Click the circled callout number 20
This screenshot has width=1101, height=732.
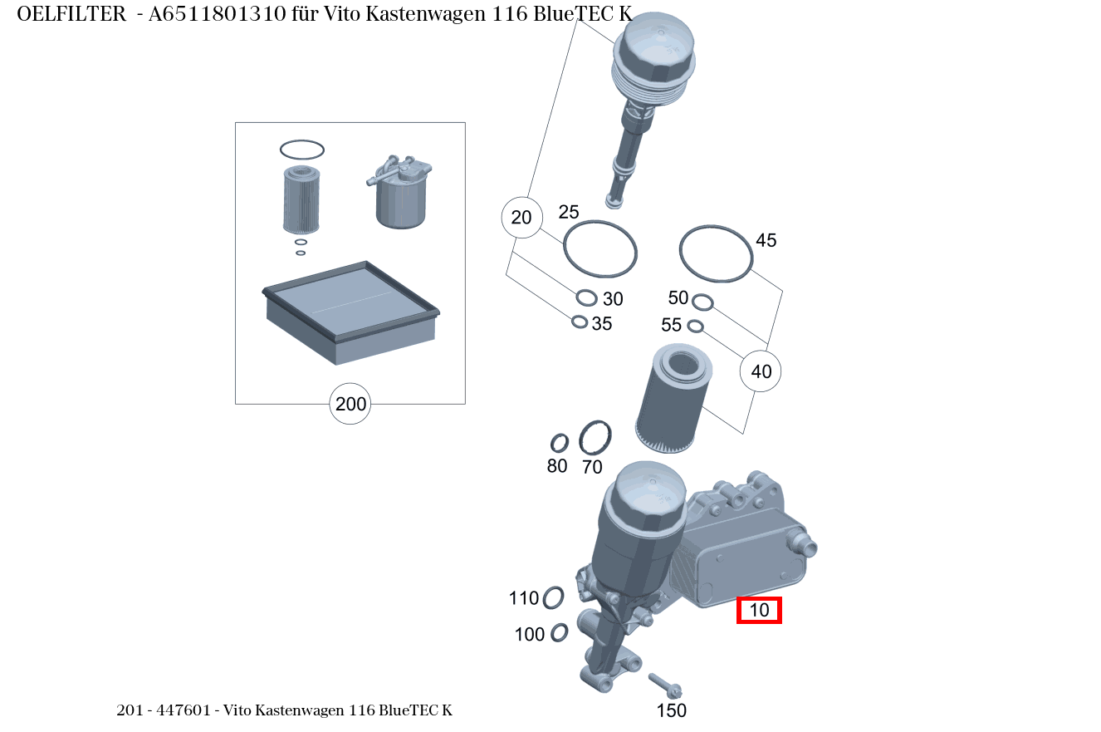[x=521, y=218]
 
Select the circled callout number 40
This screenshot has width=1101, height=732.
[x=761, y=371]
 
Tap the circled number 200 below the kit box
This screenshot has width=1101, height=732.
[x=350, y=405]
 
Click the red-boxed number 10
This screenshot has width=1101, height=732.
[x=760, y=611]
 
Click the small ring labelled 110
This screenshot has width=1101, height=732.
[x=553, y=597]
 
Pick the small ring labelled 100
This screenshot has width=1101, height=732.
[x=560, y=632]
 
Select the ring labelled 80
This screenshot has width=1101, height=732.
[x=560, y=443]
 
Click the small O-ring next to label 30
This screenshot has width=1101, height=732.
[x=586, y=297]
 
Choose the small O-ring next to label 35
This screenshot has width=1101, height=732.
[x=580, y=322]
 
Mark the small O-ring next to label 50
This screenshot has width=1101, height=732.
[x=702, y=301]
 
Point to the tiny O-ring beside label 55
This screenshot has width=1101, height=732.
[x=696, y=326]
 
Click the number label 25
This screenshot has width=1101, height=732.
[x=568, y=212]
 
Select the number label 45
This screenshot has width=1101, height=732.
[x=766, y=240]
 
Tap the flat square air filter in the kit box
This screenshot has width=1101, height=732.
[x=350, y=312]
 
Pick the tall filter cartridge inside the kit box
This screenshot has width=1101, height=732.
[x=301, y=199]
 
